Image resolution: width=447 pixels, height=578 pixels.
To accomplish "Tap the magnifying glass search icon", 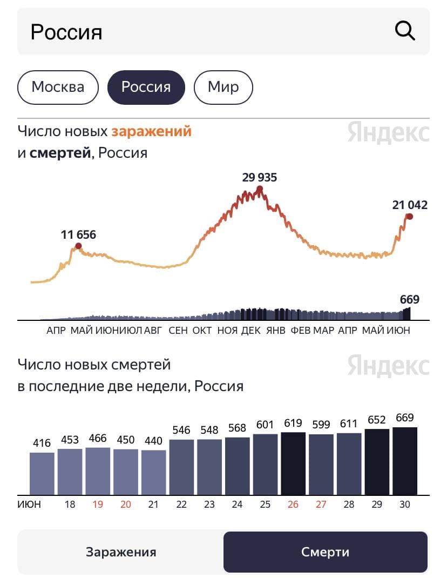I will coord(405,31).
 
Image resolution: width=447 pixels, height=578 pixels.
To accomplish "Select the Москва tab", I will coord(58,87).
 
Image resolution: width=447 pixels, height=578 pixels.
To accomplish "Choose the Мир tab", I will coord(223,87).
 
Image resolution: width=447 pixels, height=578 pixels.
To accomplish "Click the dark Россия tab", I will coord(146,87).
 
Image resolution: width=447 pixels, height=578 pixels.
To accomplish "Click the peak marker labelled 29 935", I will coord(260,189).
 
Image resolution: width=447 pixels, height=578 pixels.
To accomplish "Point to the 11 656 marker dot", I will coord(78,246).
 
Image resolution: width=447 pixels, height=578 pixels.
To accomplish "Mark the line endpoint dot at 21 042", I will coord(410,217).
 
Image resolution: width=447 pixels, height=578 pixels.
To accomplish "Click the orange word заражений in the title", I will coord(152,131).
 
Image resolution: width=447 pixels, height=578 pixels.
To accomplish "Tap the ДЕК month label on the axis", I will coord(251,331).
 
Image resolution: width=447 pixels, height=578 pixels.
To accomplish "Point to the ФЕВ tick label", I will coord(301,331).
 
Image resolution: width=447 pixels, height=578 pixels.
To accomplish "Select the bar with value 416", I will coord(42,473).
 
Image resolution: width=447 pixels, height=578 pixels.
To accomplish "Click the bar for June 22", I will coord(181,467).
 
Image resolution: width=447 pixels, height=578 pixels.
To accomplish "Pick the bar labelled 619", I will coord(294,463).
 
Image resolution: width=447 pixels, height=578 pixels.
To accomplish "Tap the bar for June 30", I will coord(405,461).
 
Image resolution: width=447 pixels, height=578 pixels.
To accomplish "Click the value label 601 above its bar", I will coord(266,425).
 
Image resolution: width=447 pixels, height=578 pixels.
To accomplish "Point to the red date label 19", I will coord(98,505).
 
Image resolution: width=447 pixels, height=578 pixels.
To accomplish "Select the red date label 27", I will coord(321,505).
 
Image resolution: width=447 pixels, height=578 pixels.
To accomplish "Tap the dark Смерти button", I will coord(326,552).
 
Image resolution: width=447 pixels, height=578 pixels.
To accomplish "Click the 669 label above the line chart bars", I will coord(410,300).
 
